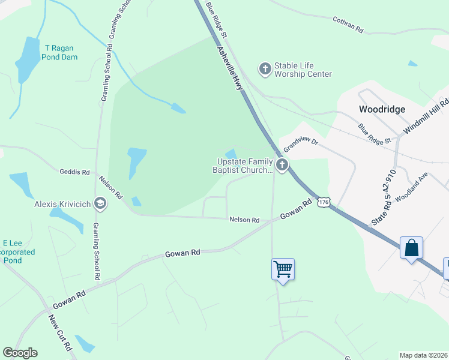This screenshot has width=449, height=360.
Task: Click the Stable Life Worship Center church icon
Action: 265,69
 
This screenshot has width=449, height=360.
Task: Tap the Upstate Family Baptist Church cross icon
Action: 282,164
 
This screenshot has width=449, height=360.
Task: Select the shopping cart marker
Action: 283,269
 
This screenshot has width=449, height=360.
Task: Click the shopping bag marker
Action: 411,247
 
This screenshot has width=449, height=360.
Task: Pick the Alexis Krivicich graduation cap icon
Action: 100,204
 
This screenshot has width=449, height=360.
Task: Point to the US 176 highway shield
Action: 324,203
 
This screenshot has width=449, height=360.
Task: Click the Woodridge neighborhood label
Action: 382,109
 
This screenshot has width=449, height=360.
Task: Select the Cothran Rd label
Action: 349,24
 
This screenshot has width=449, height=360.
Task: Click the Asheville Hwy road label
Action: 232,69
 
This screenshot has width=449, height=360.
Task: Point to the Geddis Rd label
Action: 74,172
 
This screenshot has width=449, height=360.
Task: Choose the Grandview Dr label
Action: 300,145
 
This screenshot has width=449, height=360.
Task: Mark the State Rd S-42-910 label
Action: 385,197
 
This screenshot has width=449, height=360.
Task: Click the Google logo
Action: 20,353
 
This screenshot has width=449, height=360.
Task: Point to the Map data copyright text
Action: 424,355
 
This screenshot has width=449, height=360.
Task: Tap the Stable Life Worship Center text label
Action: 303,70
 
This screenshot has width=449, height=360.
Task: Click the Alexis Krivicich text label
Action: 62,204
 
